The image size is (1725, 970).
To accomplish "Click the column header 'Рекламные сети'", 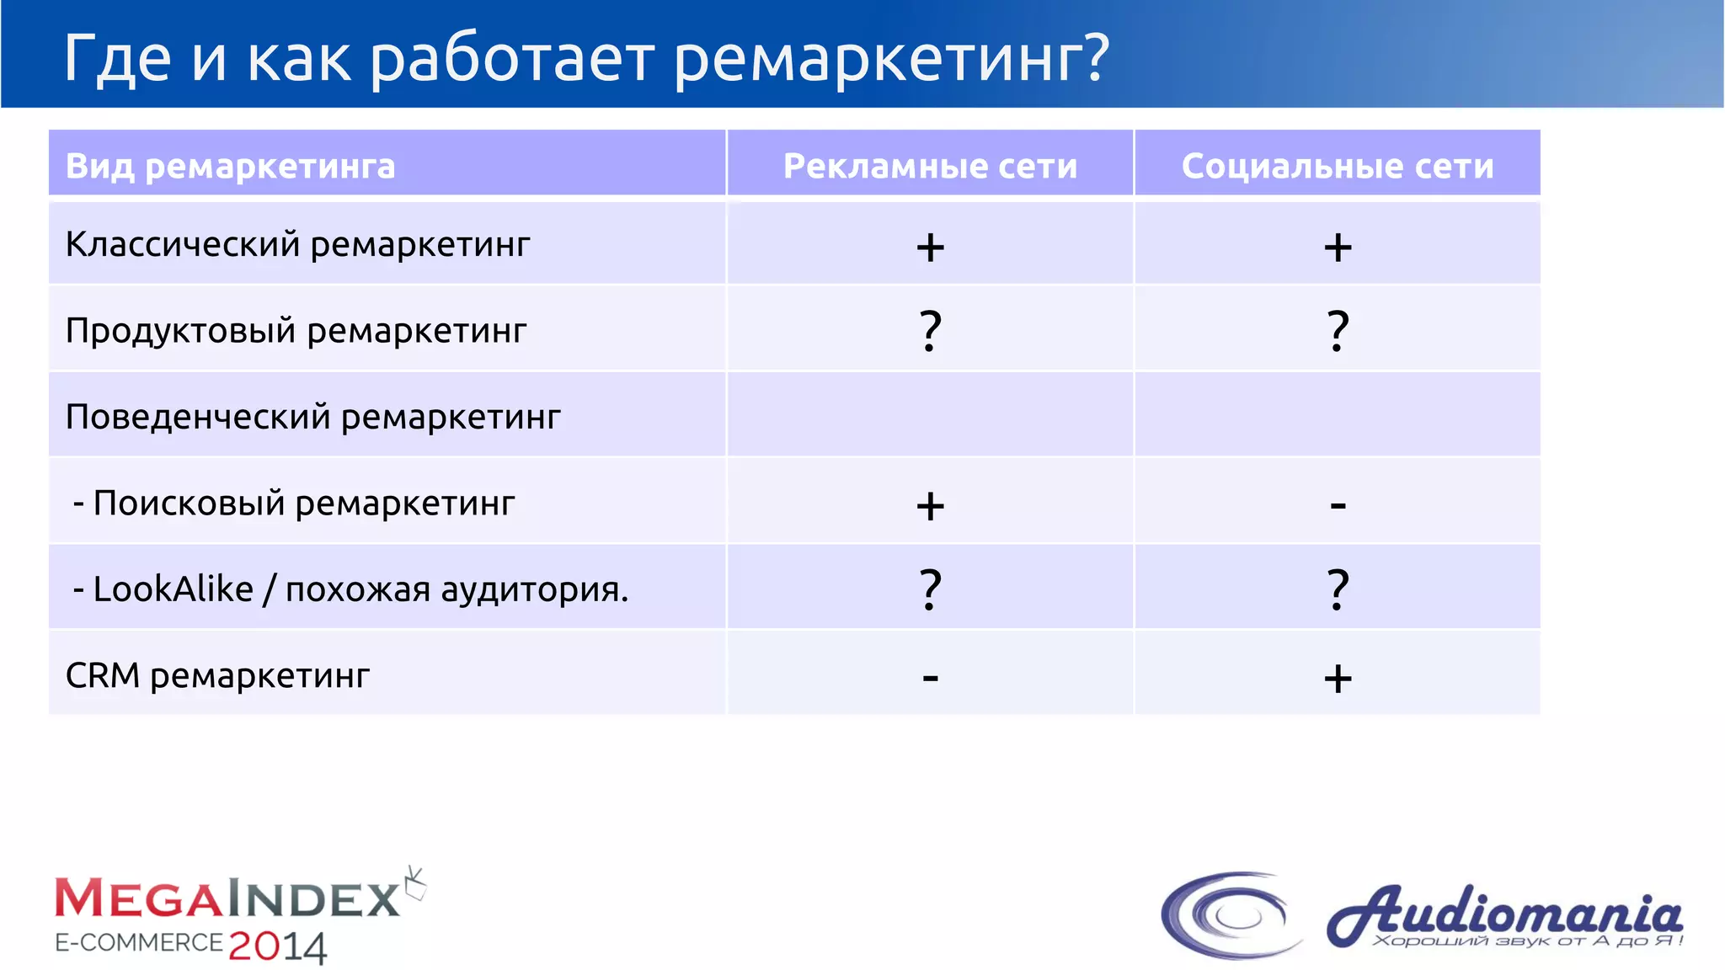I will click(930, 166).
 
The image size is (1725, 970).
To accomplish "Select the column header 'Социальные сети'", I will click(1338, 166).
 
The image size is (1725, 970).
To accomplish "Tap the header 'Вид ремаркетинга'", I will click(230, 166).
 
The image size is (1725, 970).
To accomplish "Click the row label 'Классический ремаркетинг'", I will click(297, 244).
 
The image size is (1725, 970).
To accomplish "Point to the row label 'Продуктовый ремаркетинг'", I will click(296, 330).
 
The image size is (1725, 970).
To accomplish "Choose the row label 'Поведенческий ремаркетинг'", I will click(312, 417).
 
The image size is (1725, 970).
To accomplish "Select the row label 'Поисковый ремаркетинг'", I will click(303, 503).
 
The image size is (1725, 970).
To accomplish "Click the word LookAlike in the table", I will click(173, 589).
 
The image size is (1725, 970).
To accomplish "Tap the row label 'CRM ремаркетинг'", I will click(217, 675).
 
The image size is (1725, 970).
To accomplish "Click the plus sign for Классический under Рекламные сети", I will click(930, 248).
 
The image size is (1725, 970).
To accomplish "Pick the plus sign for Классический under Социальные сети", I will click(1338, 248).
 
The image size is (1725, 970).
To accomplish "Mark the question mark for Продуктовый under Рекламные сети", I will click(930, 330).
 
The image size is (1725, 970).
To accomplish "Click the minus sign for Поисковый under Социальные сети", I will click(1338, 506).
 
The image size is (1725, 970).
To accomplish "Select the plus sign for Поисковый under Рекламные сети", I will click(930, 506).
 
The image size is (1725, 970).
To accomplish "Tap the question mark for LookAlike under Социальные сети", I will click(1338, 589).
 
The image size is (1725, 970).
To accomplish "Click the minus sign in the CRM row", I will click(930, 677).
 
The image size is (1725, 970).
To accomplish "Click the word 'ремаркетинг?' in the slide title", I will click(891, 59).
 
